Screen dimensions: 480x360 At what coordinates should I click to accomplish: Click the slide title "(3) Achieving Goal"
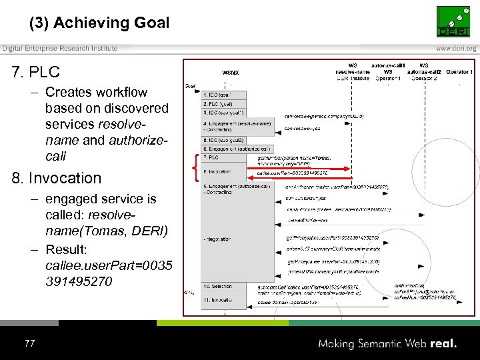click(x=99, y=23)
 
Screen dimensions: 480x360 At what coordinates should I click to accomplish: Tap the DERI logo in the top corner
click(x=456, y=21)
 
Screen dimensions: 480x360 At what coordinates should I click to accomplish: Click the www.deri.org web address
click(x=456, y=49)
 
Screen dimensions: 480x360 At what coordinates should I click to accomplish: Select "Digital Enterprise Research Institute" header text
click(x=59, y=49)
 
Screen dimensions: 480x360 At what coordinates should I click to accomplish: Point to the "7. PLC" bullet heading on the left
click(x=36, y=71)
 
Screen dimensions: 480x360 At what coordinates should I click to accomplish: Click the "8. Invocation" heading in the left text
click(x=57, y=178)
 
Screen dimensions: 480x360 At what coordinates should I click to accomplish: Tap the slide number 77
click(x=29, y=343)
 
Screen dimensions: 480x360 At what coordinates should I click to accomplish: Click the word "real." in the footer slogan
click(x=443, y=343)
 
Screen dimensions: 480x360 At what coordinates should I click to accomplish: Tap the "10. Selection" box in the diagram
click(x=221, y=286)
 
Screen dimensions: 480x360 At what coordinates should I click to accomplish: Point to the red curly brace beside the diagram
click(x=195, y=164)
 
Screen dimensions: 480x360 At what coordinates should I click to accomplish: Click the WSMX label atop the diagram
click(x=230, y=71)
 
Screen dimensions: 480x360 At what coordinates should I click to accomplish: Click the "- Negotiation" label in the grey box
click(x=217, y=238)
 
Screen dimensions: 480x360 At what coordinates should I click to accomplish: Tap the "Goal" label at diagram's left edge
click(x=190, y=86)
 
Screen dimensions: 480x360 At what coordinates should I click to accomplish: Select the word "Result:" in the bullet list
click(x=67, y=249)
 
